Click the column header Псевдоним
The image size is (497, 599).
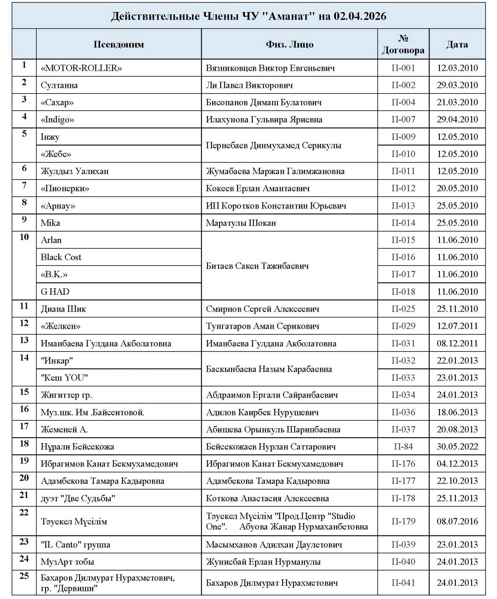(119, 44)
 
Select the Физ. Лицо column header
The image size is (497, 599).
(289, 44)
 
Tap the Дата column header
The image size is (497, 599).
(457, 44)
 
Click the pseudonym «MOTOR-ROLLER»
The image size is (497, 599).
(81, 68)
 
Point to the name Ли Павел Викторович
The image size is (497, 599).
(249, 85)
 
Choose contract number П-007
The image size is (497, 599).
(403, 119)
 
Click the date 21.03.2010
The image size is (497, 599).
(457, 102)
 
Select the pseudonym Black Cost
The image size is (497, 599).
(61, 257)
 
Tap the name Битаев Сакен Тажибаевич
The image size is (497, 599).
(257, 266)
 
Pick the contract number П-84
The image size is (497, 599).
(403, 446)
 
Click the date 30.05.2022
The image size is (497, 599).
(457, 446)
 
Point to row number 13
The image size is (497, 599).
(24, 340)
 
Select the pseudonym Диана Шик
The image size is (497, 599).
(63, 309)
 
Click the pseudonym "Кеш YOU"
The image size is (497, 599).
(64, 378)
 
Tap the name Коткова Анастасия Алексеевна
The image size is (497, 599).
(267, 498)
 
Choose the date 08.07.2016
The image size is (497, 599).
(457, 521)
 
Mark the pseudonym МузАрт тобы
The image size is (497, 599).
(67, 562)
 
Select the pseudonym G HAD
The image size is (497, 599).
(55, 292)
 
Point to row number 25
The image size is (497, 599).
(24, 576)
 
